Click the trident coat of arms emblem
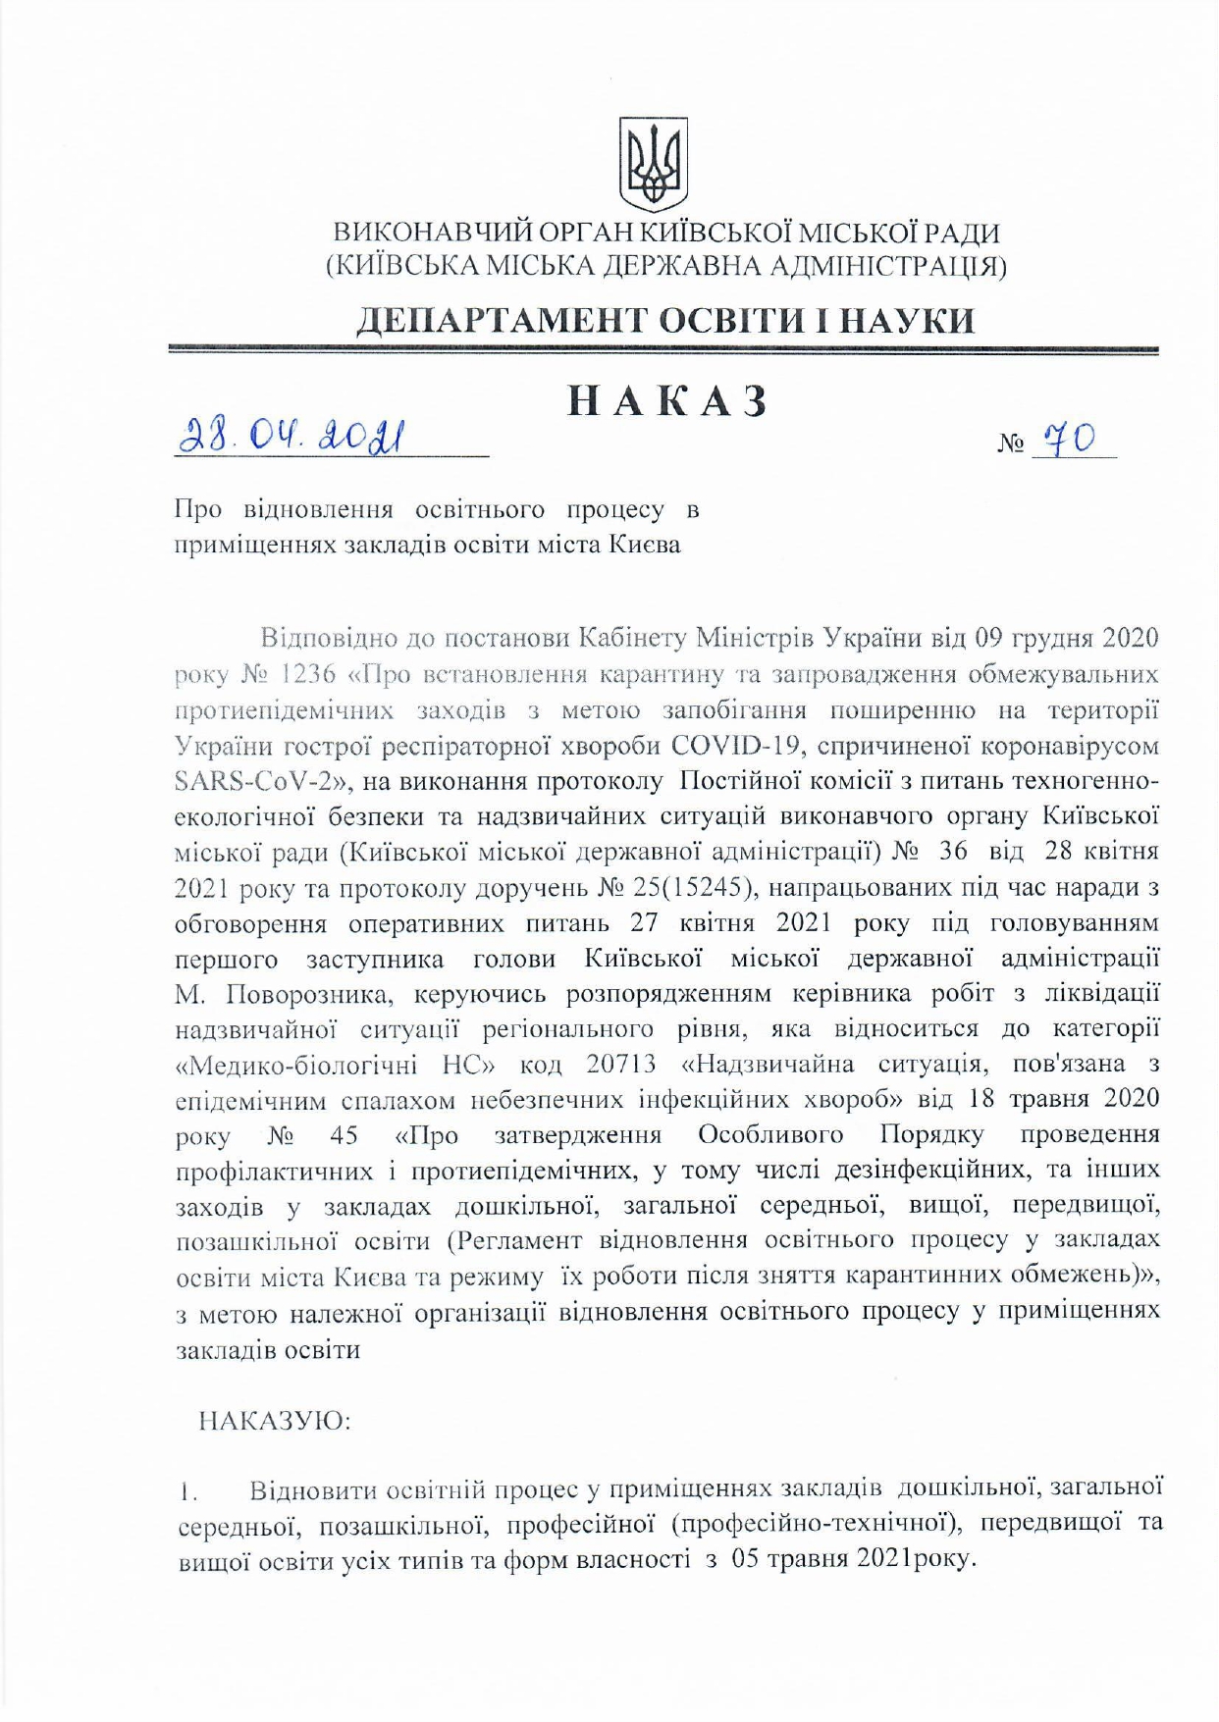click(652, 163)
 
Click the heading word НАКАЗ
click(667, 401)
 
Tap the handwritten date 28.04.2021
click(291, 433)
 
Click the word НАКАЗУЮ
click(274, 1421)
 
